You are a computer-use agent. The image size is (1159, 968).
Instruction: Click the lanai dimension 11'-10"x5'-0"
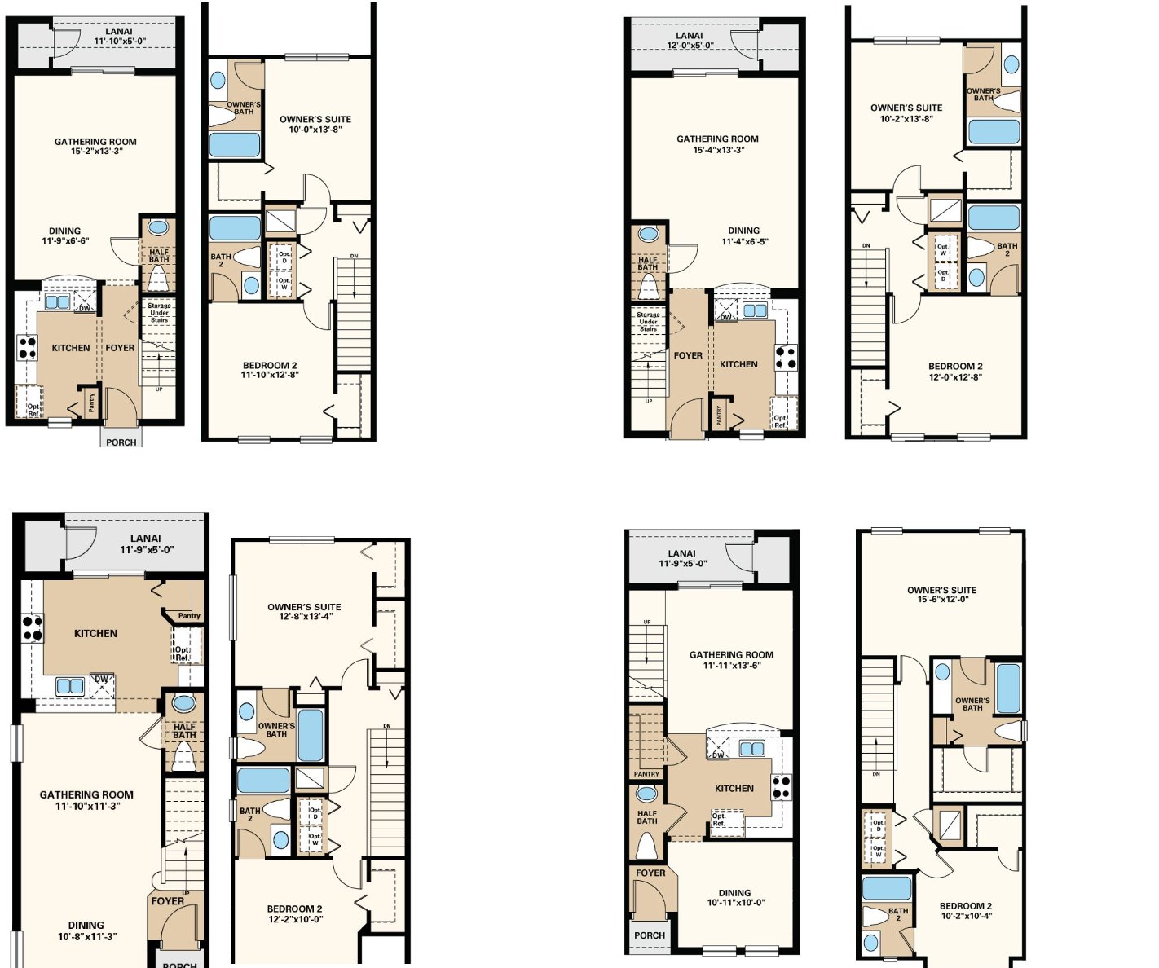point(120,42)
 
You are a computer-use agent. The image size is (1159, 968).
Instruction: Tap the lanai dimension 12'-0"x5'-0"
point(690,46)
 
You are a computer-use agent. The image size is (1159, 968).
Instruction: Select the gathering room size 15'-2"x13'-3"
point(95,152)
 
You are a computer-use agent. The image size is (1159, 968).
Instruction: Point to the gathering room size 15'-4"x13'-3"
point(718,150)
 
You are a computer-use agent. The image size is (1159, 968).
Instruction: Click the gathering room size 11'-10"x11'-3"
point(86,807)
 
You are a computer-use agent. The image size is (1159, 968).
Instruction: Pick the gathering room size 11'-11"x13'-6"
point(731,666)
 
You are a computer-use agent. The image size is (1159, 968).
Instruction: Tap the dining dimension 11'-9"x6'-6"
point(65,241)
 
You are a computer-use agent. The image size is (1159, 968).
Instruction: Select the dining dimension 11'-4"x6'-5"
point(744,242)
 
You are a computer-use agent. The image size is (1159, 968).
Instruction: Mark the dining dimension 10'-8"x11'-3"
point(86,937)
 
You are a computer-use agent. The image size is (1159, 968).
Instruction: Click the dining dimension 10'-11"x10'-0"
point(735,903)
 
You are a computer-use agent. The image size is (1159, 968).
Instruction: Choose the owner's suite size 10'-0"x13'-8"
point(315,130)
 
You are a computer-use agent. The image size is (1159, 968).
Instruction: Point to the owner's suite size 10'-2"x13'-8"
point(906,119)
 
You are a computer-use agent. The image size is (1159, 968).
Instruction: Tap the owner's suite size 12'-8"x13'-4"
point(305,617)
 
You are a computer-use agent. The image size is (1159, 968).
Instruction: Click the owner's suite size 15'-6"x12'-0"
point(941,600)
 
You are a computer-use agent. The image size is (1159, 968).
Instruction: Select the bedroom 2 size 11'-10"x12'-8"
point(270,376)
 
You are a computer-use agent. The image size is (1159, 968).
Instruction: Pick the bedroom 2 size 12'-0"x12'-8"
point(955,377)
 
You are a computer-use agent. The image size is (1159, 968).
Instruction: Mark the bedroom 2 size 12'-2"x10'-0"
point(295,919)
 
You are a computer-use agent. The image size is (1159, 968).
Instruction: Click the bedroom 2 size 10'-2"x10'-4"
point(966,916)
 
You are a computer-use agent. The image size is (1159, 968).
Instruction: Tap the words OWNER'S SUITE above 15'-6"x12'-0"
point(941,590)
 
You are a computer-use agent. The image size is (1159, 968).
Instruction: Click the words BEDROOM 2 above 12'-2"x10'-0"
point(295,909)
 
